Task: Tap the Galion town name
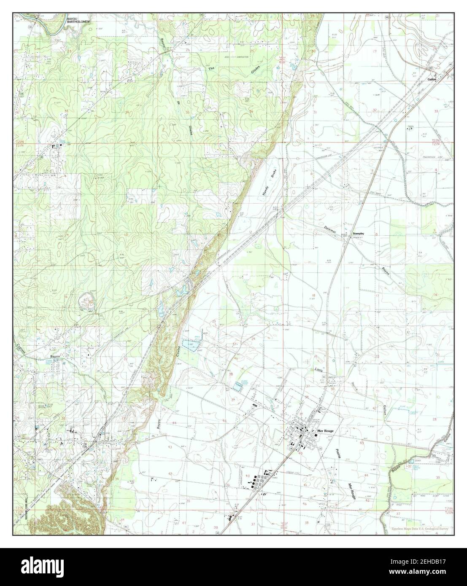(431, 73)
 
